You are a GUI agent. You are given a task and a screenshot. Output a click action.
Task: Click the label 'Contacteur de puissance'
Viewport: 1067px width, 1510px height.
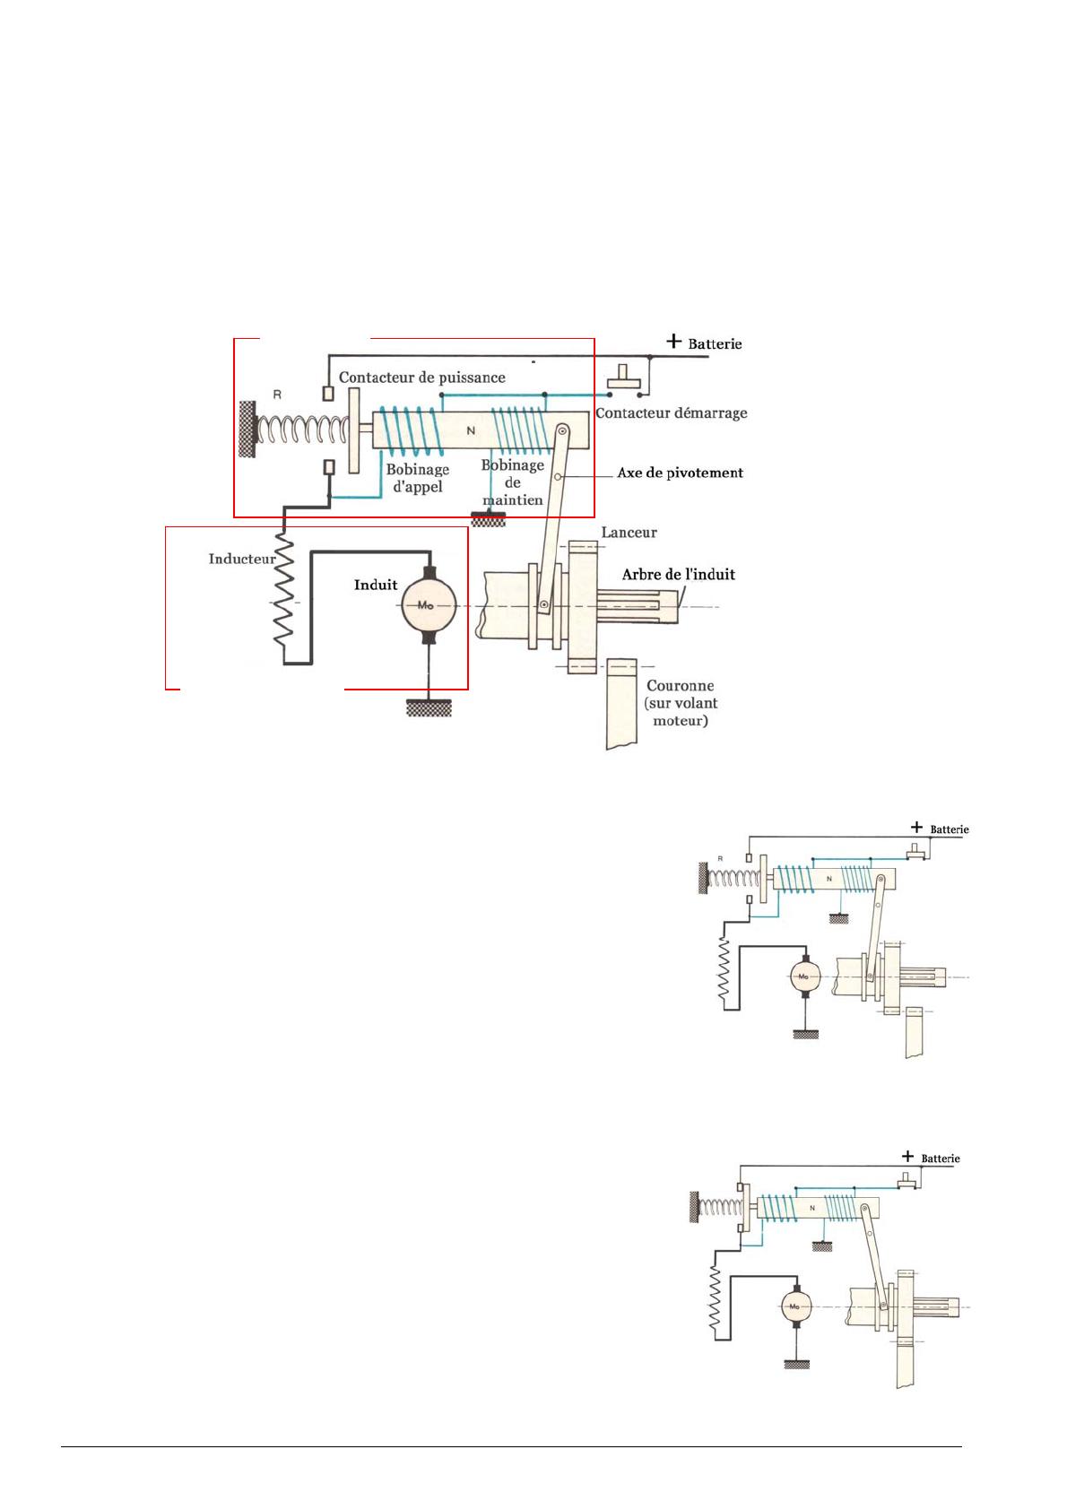[421, 377]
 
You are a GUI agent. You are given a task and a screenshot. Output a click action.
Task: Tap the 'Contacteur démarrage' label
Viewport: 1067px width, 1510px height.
[671, 413]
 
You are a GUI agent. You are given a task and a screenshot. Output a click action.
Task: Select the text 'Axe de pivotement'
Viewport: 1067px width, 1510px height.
[680, 473]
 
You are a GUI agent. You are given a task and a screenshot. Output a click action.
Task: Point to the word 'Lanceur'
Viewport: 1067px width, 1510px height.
[629, 533]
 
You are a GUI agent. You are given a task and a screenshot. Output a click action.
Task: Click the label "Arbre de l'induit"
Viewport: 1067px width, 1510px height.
[678, 575]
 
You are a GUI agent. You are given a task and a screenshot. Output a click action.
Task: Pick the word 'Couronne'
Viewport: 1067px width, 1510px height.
[680, 686]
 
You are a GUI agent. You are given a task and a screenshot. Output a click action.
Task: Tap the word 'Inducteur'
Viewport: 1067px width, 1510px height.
[242, 559]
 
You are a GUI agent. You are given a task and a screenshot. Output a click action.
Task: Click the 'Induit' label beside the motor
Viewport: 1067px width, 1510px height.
[376, 585]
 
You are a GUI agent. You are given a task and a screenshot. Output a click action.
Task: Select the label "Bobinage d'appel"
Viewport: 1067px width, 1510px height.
[417, 478]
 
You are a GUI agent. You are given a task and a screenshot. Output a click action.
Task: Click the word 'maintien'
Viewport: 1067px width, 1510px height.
[512, 500]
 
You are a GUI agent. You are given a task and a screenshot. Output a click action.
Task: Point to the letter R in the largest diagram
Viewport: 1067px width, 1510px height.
[277, 395]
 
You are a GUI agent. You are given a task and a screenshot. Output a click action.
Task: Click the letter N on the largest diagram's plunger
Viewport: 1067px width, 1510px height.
[471, 430]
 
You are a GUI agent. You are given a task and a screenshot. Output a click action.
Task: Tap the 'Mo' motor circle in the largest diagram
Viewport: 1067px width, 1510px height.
[429, 604]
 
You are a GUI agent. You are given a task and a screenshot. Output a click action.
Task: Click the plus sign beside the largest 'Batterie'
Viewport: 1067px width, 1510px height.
[673, 341]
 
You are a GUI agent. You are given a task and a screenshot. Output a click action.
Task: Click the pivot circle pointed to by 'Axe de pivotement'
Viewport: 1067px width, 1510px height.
[558, 477]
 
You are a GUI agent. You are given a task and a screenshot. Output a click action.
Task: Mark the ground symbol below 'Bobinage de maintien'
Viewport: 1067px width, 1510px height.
[488, 519]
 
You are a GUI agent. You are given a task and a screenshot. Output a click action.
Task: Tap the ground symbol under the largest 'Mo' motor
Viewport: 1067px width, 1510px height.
[429, 707]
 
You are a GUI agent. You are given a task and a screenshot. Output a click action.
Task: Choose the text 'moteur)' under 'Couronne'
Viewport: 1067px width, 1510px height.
[681, 721]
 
